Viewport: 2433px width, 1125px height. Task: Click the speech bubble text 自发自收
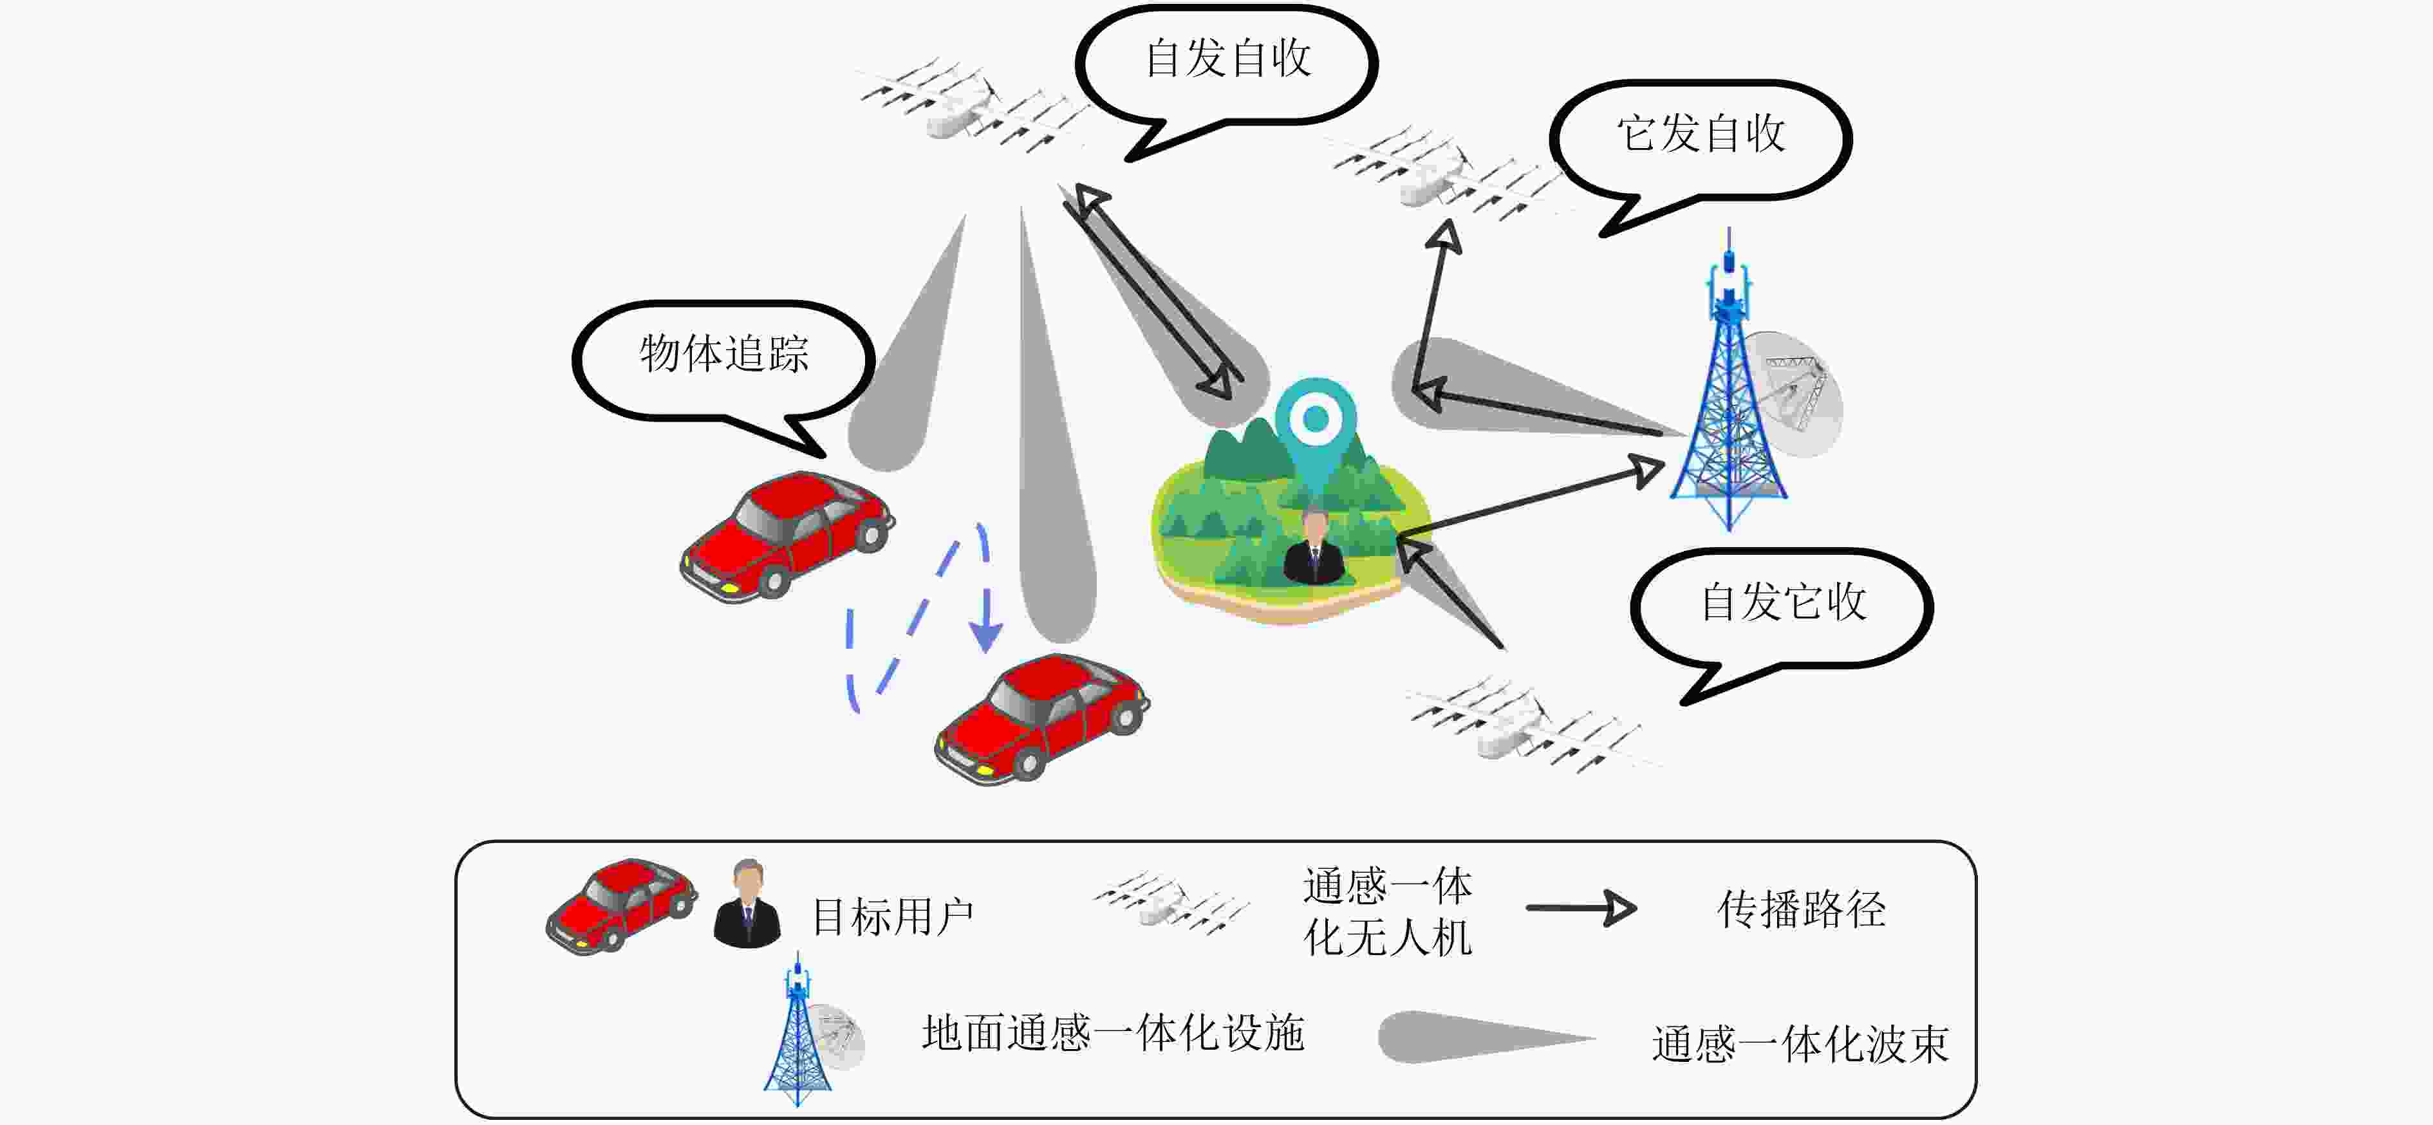click(1228, 59)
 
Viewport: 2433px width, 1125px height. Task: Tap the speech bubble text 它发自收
click(1701, 133)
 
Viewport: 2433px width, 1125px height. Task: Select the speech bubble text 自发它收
click(1783, 602)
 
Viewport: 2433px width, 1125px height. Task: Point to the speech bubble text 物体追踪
click(724, 353)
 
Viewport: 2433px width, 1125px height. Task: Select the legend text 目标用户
click(893, 916)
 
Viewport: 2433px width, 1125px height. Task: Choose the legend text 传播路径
click(1801, 909)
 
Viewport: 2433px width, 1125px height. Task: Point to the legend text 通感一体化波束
click(1800, 1044)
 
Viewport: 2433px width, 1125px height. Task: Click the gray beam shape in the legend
click(1486, 1037)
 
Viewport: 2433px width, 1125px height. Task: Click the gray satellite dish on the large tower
click(1792, 394)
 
